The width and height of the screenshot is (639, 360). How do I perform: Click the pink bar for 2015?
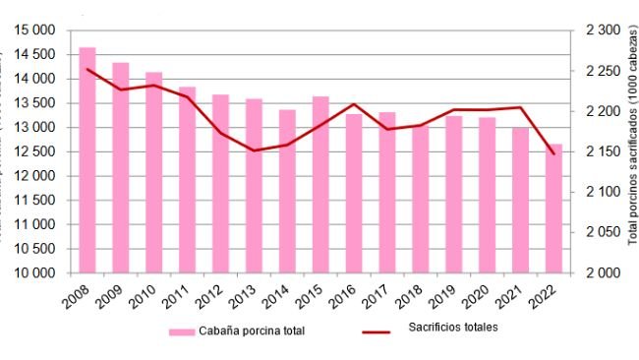(320, 184)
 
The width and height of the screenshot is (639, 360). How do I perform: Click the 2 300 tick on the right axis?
(603, 30)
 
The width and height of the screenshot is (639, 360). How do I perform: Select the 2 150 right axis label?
(603, 151)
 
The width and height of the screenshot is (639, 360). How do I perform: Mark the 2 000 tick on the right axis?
(603, 272)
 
